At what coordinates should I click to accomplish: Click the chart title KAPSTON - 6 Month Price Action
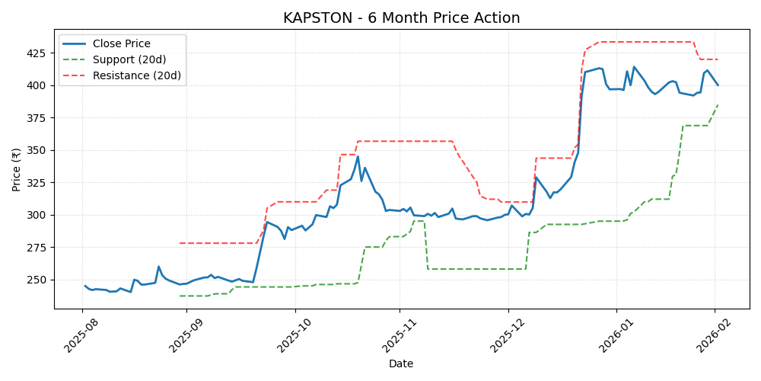[x=401, y=18]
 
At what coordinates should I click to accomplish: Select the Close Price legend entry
[x=121, y=43]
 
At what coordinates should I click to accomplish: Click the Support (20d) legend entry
[x=129, y=59]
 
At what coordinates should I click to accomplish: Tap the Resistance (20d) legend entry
[x=136, y=75]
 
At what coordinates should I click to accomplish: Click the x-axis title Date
[x=401, y=364]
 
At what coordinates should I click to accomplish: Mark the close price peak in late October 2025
[x=358, y=157]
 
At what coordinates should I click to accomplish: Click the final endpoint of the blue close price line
[x=718, y=85]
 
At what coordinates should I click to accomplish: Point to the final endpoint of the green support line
[x=718, y=104]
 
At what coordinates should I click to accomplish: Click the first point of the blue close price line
[x=84, y=286]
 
